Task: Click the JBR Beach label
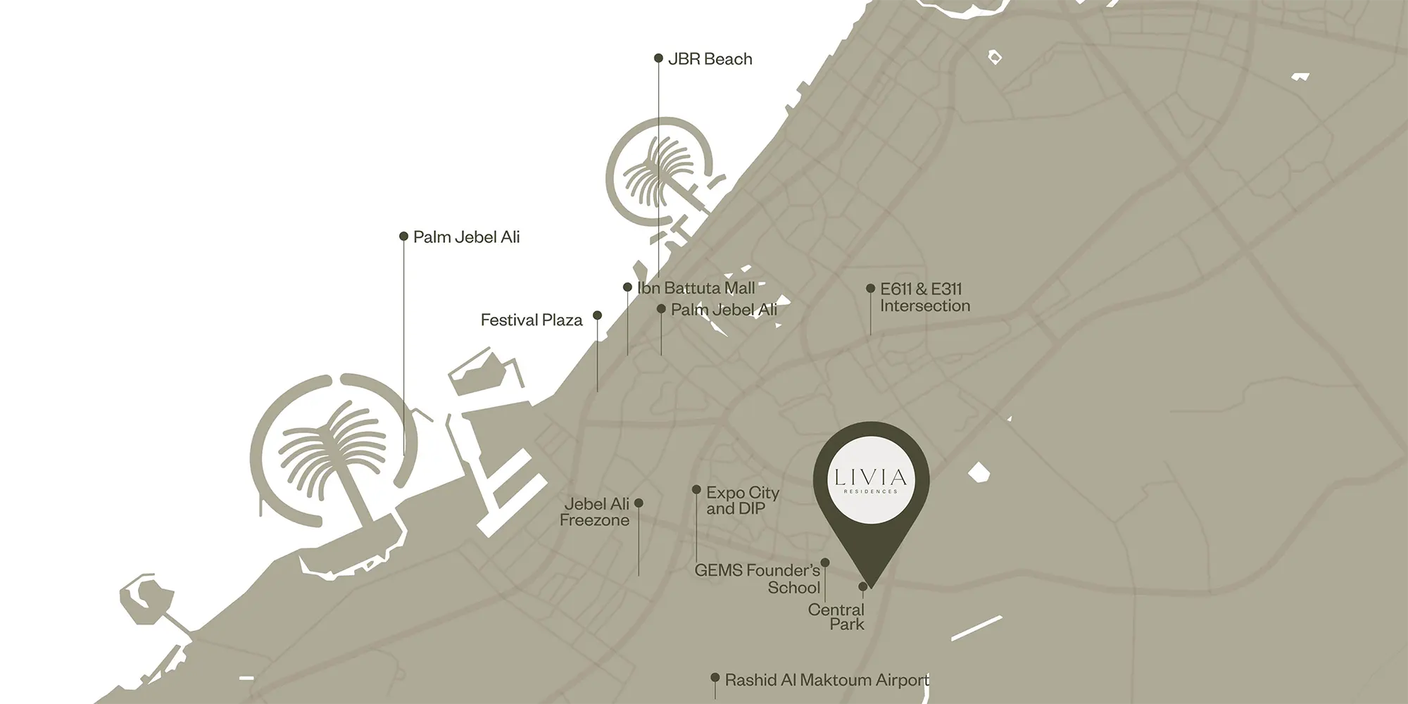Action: [x=710, y=59]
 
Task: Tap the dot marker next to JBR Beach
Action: [x=658, y=58]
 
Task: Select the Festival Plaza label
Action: [x=532, y=320]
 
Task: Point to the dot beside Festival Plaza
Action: [x=597, y=315]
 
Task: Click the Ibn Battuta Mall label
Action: [x=696, y=288]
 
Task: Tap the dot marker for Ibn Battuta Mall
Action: [x=627, y=287]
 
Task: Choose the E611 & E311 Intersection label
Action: [x=924, y=297]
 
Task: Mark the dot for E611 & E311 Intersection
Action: [x=871, y=289]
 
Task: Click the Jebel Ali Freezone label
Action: [x=595, y=512]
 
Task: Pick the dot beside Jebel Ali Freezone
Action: [x=639, y=503]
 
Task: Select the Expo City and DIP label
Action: [x=742, y=501]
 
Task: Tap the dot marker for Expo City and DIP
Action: [x=696, y=489]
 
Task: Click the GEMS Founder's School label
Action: [x=758, y=579]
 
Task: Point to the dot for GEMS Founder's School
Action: [x=825, y=562]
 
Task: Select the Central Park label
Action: [x=836, y=617]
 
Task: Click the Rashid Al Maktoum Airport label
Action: [x=826, y=680]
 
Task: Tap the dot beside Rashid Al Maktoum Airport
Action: [x=715, y=678]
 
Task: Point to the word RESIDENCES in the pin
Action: [x=871, y=491]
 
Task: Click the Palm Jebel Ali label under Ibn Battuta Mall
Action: [x=724, y=310]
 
